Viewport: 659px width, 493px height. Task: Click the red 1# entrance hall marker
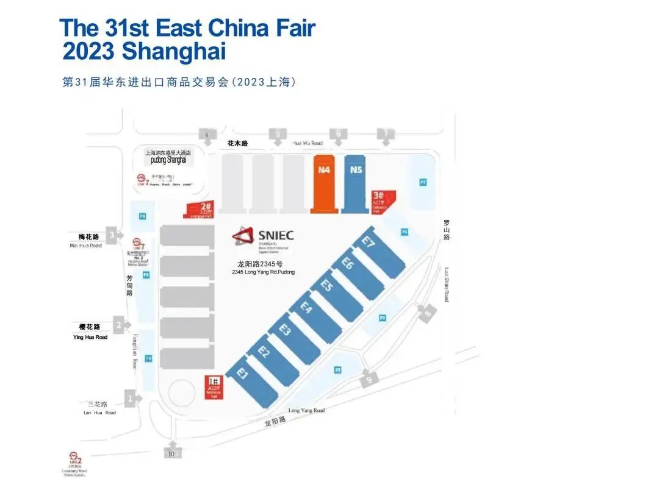(x=214, y=387)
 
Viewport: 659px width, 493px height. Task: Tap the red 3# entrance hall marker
(x=383, y=201)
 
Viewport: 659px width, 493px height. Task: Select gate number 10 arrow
(x=172, y=452)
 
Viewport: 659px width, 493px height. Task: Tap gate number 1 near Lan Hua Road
(x=129, y=399)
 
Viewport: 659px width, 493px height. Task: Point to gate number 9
(x=369, y=381)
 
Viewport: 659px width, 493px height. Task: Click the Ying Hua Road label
(x=90, y=337)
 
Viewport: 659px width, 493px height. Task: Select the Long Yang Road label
(x=306, y=411)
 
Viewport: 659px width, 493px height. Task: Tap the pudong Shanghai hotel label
(x=172, y=160)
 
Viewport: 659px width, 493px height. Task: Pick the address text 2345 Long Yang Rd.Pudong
(x=263, y=272)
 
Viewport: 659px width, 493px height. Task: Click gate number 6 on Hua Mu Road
(x=337, y=134)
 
